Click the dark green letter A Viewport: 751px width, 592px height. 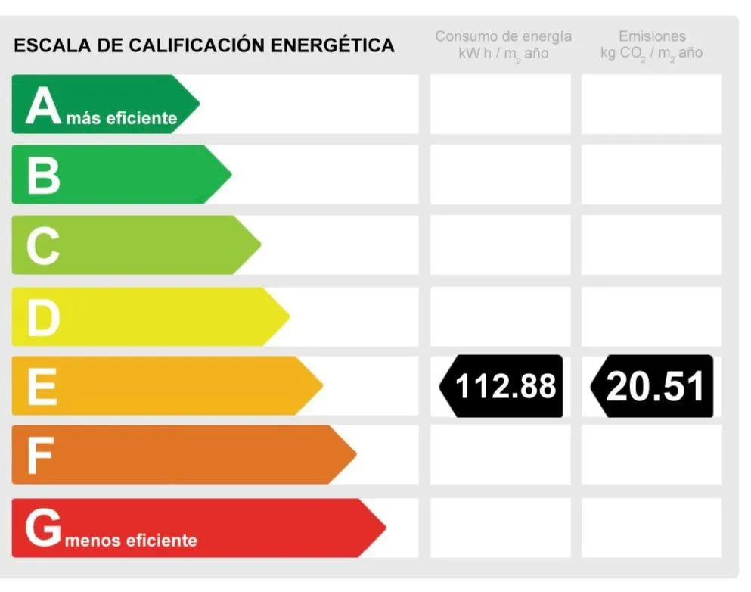point(42,105)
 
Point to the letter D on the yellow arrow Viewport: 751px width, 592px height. point(43,317)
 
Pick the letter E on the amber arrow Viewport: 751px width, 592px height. point(42,386)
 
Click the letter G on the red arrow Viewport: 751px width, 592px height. point(42,528)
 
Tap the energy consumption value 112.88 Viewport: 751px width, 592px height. point(505,386)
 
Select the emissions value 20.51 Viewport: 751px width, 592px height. point(655,386)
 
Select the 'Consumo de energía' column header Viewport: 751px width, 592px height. point(503,36)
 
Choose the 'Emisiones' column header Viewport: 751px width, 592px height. point(651,36)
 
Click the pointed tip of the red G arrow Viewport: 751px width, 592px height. point(384,528)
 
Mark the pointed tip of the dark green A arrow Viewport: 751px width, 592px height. point(198,104)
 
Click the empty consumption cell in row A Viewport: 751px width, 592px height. point(500,104)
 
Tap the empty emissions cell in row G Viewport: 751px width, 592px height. point(651,528)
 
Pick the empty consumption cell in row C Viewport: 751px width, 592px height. point(500,245)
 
